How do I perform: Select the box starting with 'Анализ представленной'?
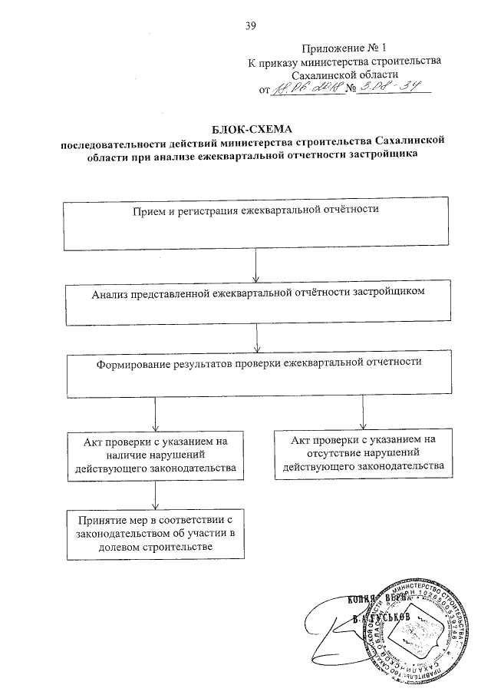pos(255,303)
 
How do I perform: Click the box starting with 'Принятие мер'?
pos(156,534)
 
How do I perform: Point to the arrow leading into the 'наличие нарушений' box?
pos(156,415)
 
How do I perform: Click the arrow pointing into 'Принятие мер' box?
pos(156,495)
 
